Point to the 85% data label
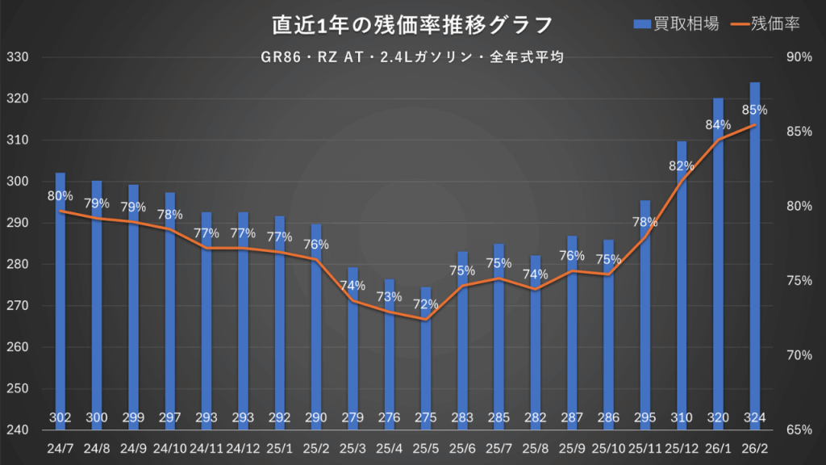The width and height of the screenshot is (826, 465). pyautogui.click(x=754, y=110)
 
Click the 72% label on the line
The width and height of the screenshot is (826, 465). pyautogui.click(x=426, y=304)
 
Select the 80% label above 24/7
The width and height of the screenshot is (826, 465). pyautogui.click(x=60, y=195)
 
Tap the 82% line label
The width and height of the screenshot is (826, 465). pyautogui.click(x=682, y=166)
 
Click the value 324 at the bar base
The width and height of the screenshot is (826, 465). pyautogui.click(x=754, y=417)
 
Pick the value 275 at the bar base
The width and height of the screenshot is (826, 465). pyautogui.click(x=426, y=417)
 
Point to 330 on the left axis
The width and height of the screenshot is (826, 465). pyautogui.click(x=17, y=58)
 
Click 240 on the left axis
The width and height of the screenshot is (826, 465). pyautogui.click(x=17, y=430)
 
